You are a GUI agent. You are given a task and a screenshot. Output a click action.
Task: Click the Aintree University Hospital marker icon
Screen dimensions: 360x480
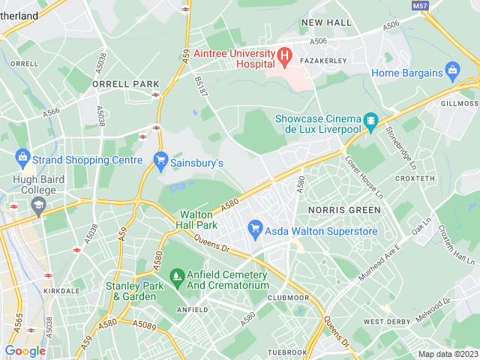[284, 55]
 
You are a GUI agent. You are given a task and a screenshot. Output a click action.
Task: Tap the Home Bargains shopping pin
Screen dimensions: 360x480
[451, 73]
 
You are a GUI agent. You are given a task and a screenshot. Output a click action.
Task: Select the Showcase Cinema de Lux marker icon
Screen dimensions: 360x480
[370, 120]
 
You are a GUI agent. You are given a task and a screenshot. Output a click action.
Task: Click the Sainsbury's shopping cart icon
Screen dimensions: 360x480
[160, 160]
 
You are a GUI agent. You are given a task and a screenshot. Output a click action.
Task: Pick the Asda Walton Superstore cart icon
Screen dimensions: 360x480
[255, 227]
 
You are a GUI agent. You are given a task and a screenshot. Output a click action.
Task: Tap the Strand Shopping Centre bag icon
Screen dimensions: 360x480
[22, 159]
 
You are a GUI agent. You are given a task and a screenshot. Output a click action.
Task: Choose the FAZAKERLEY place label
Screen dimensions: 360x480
[321, 59]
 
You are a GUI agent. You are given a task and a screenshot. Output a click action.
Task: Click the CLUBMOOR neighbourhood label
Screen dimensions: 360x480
[287, 297]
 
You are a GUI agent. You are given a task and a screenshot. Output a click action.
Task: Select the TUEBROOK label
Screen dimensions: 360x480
[288, 352]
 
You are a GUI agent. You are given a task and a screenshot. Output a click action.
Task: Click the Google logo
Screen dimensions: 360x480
[25, 350]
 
